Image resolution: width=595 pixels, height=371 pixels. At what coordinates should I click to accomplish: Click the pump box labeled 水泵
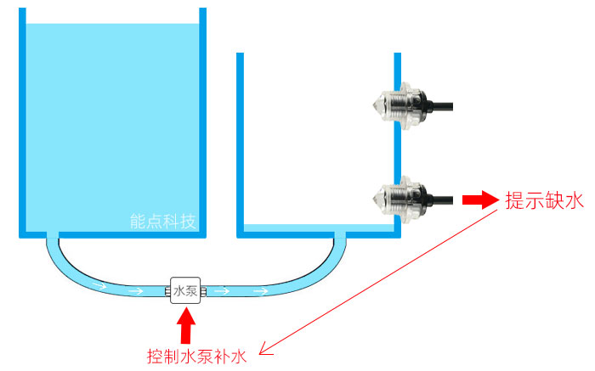[x=185, y=290]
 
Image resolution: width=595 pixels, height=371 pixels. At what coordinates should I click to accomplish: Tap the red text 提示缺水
[x=544, y=201]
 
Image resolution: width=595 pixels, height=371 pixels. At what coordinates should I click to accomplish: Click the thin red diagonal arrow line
[x=374, y=281]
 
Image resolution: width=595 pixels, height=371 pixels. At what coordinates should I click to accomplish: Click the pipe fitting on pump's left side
[x=167, y=291]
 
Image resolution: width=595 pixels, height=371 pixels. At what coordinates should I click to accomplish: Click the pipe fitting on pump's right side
[x=205, y=291]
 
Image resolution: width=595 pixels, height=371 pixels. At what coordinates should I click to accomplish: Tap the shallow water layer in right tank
[x=314, y=229]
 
